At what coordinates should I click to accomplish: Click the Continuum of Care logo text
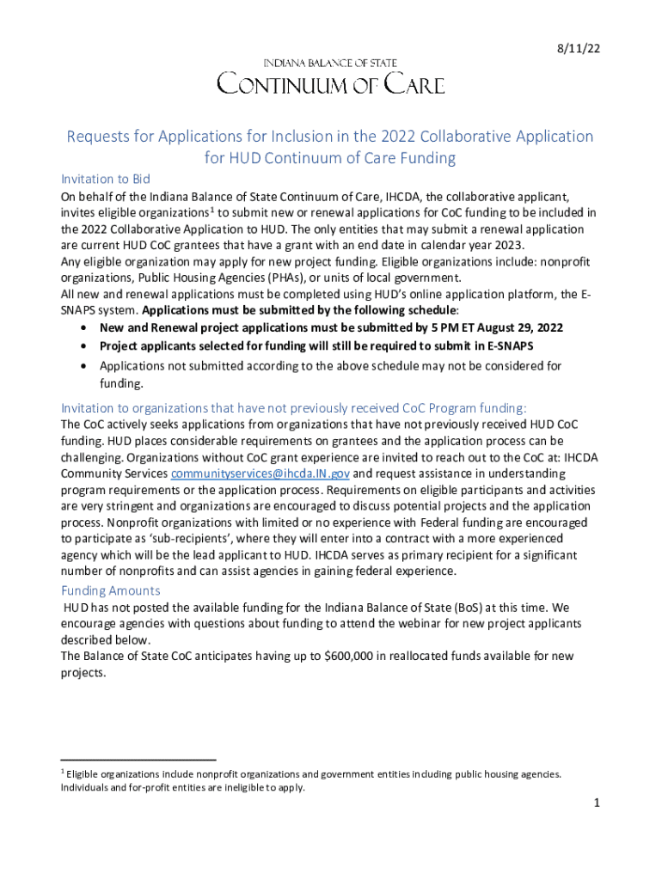pyautogui.click(x=330, y=84)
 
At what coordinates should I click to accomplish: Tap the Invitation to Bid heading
pyautogui.click(x=106, y=179)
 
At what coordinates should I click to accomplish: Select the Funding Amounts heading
pyautogui.click(x=110, y=590)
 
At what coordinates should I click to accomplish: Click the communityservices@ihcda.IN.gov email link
pyautogui.click(x=261, y=474)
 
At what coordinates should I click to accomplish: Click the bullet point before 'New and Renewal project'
pyautogui.click(x=82, y=328)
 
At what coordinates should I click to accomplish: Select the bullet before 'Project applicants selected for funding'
pyautogui.click(x=82, y=346)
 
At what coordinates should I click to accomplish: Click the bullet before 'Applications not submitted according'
pyautogui.click(x=82, y=366)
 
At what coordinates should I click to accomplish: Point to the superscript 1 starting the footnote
pyautogui.click(x=63, y=771)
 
